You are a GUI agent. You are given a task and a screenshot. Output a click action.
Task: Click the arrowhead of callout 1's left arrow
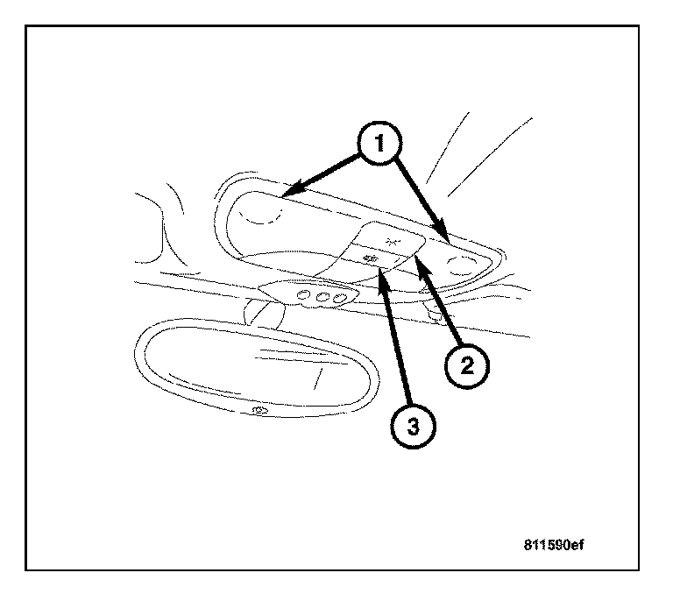coord(288,189)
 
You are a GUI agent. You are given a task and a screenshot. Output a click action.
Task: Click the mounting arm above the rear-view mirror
coord(259,309)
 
